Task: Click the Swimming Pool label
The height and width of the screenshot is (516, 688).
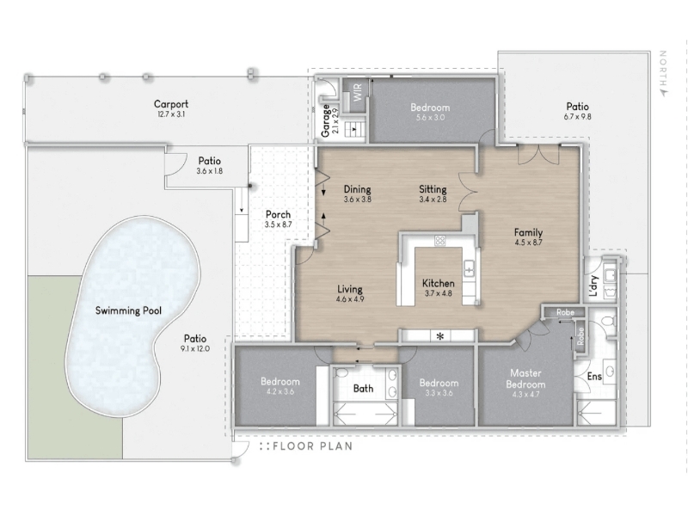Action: (x=128, y=310)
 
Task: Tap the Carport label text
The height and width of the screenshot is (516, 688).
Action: (x=171, y=104)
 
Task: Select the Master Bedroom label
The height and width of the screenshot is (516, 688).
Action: (x=525, y=378)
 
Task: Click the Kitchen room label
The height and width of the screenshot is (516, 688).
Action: (x=439, y=284)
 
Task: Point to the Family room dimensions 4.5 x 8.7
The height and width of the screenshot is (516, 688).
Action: (x=528, y=243)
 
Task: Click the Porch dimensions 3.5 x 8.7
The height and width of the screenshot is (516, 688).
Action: (x=278, y=224)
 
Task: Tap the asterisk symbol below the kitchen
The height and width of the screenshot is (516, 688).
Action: (x=440, y=336)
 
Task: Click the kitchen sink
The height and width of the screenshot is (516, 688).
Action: (x=469, y=268)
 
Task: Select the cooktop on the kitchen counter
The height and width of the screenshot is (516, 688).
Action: (x=440, y=241)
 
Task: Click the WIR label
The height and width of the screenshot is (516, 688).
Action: (x=357, y=92)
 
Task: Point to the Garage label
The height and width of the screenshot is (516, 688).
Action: (x=325, y=120)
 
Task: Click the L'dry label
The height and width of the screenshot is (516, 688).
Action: (x=593, y=286)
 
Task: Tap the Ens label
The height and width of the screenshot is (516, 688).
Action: (x=594, y=377)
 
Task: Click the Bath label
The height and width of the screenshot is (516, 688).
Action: (x=363, y=389)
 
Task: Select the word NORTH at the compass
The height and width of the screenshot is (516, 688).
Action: (x=663, y=69)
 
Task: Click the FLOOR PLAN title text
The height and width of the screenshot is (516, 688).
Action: (x=312, y=446)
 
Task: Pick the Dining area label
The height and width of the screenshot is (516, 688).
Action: (x=357, y=189)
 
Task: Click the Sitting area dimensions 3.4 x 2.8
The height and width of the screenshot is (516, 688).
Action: (x=433, y=200)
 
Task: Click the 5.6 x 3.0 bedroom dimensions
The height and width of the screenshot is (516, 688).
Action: (x=430, y=118)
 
